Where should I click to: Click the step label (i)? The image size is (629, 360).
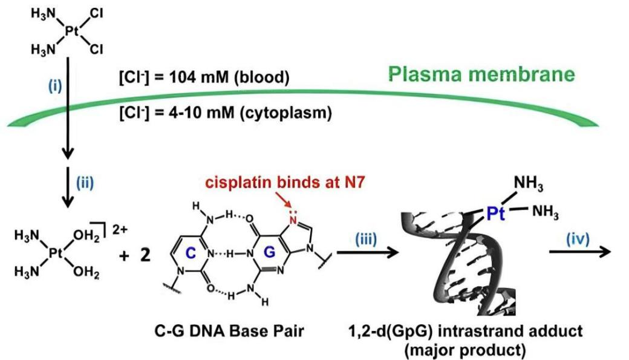[55, 86]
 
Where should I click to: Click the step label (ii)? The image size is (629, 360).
[85, 183]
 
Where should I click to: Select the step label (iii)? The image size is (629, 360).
[366, 239]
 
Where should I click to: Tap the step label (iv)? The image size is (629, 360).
[578, 239]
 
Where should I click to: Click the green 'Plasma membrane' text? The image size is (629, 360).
[481, 74]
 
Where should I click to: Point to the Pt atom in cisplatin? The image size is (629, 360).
[71, 31]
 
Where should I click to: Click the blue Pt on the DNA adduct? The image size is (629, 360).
[495, 213]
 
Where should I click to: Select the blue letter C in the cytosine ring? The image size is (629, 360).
[191, 253]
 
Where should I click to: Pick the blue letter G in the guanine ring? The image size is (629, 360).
[270, 252]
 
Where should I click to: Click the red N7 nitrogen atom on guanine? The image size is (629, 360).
[293, 219]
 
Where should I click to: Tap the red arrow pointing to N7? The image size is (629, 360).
[282, 200]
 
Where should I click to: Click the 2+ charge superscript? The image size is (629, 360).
[120, 229]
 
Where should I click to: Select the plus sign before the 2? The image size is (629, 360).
[125, 255]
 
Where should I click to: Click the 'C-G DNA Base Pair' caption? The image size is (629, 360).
[229, 331]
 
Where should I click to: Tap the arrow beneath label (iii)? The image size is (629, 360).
[368, 252]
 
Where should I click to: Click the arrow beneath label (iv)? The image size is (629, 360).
[579, 252]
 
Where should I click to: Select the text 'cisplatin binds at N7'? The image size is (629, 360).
[285, 183]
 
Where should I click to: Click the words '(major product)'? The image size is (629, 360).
[465, 350]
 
